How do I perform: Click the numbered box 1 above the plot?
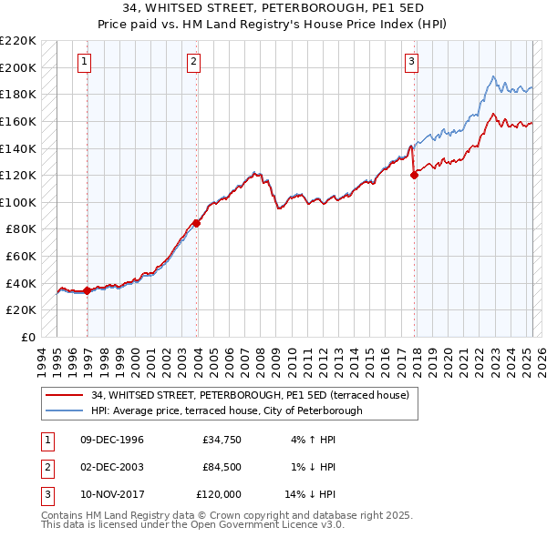(x=84, y=62)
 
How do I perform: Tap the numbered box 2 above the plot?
(x=194, y=62)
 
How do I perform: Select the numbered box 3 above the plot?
(x=411, y=62)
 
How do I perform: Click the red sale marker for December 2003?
(x=197, y=223)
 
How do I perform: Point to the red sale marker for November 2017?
(x=415, y=176)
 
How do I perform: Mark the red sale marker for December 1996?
(x=87, y=290)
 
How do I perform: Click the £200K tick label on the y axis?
(x=18, y=67)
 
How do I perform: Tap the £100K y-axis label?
(x=18, y=202)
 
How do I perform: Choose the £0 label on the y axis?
(x=27, y=337)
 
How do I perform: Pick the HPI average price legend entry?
(x=226, y=410)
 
